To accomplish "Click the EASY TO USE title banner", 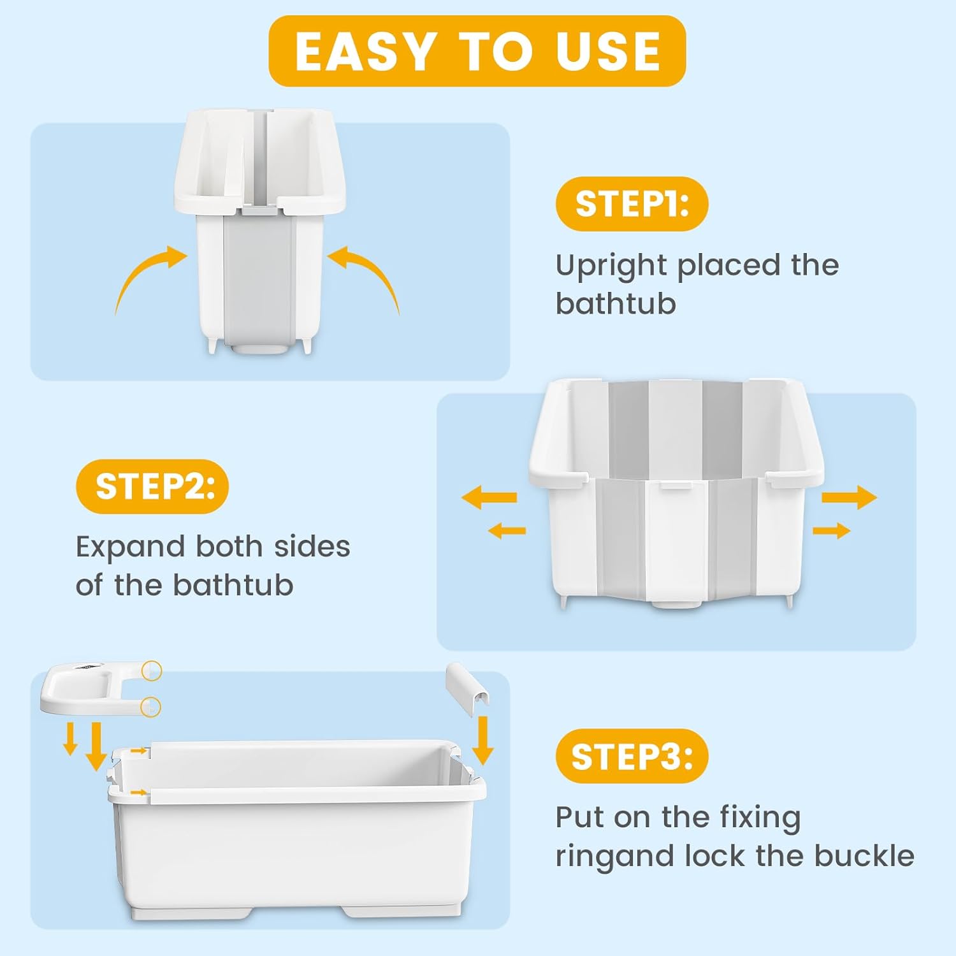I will tap(477, 51).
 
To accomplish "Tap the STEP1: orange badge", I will tap(632, 204).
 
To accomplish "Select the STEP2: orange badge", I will tap(152, 486).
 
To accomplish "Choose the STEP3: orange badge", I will tap(632, 757).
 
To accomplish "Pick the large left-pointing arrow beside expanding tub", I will tap(489, 497).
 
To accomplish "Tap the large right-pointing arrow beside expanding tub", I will tap(849, 497).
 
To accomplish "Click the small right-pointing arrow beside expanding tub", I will tap(831, 530).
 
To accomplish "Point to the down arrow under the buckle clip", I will tap(482, 739).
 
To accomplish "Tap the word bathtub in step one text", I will tap(616, 303).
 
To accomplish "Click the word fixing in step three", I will tap(760, 818).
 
